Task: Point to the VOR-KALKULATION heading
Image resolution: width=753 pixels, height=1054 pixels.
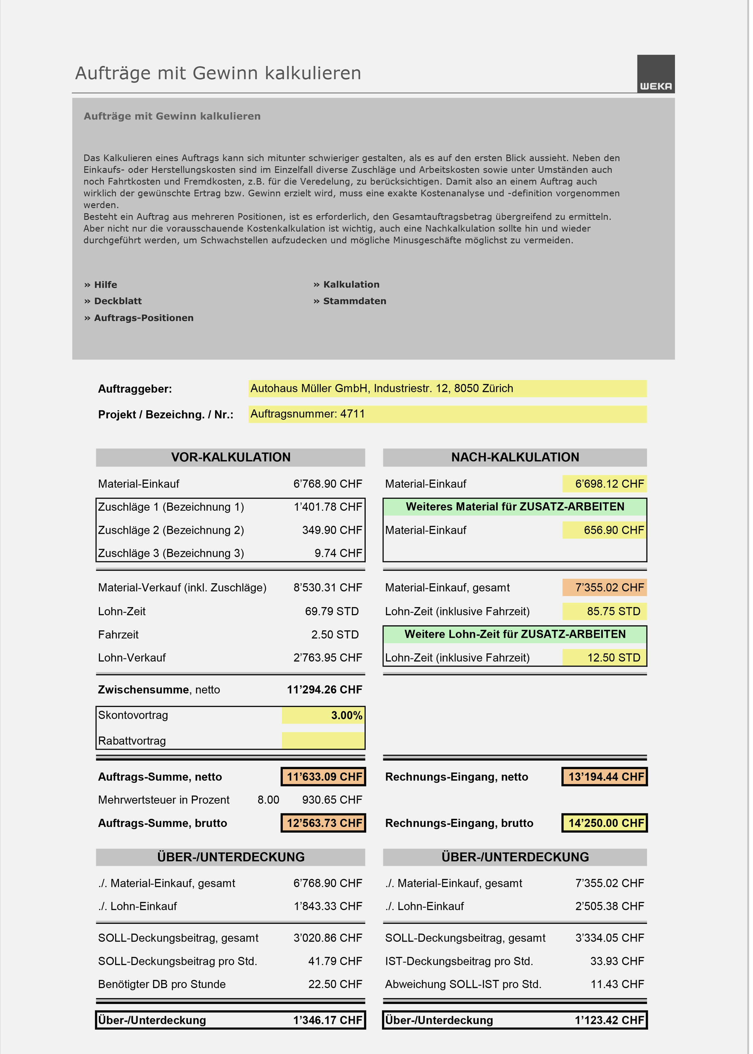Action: (x=230, y=457)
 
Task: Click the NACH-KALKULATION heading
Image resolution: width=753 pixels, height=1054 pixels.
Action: (x=515, y=457)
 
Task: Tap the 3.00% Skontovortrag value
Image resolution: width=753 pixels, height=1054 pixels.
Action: (x=323, y=715)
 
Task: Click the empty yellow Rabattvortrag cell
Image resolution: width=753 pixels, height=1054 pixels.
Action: (x=323, y=740)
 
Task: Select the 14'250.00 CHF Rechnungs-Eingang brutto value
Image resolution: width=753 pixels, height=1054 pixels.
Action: (x=605, y=823)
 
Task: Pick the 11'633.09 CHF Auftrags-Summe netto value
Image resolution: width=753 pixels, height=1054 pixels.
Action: (x=323, y=777)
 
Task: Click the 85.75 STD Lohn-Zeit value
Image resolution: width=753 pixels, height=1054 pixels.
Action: (x=605, y=611)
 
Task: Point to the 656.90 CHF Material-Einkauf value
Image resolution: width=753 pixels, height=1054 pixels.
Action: (x=605, y=530)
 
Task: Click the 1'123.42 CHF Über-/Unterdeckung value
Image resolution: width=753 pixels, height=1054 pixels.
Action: (x=609, y=1020)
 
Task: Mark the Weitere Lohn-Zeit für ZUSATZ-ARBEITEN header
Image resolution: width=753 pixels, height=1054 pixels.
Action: (x=515, y=634)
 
